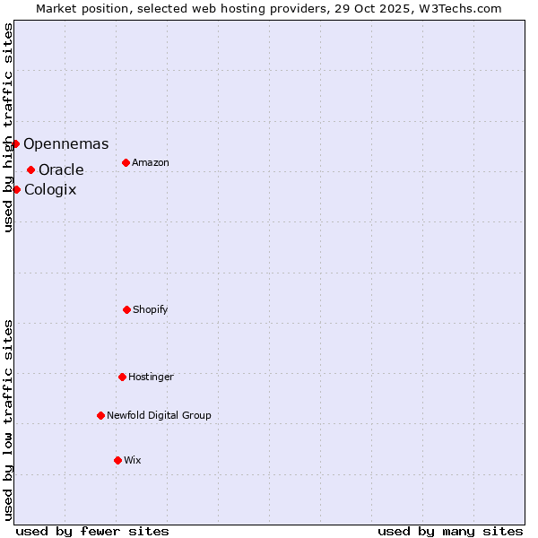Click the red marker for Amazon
click(126, 162)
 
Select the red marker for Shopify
click(126, 309)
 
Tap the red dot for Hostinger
click(122, 377)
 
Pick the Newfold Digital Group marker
click(100, 415)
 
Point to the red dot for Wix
click(117, 460)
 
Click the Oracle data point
click(30, 169)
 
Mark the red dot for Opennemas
click(15, 143)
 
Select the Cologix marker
click(16, 189)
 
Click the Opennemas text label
click(65, 144)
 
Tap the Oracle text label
click(61, 170)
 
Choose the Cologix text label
click(50, 190)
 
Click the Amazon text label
click(151, 163)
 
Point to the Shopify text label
click(151, 310)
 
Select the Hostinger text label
click(151, 377)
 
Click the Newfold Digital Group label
click(159, 416)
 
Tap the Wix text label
click(133, 461)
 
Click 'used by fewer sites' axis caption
click(92, 532)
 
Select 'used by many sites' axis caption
click(450, 532)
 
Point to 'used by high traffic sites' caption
click(8, 127)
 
